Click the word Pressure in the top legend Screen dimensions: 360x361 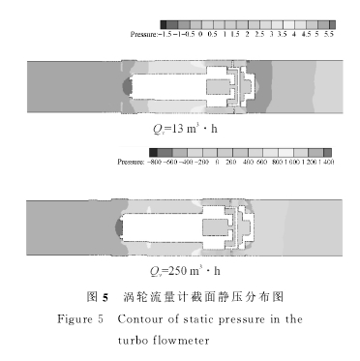[x=142, y=34]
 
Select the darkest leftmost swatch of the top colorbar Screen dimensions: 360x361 [x=165, y=23]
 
